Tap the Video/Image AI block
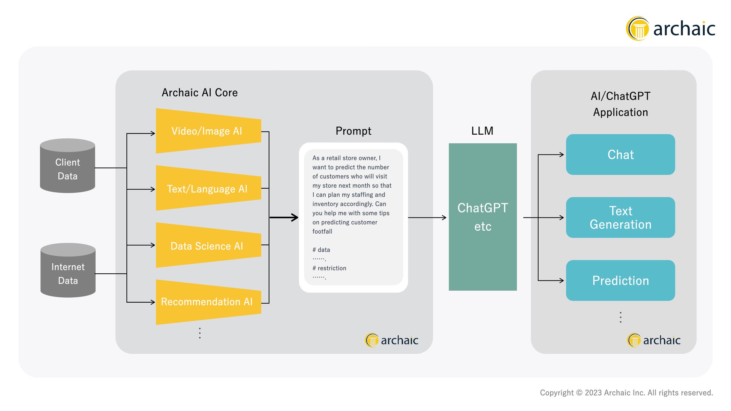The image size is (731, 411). (x=208, y=131)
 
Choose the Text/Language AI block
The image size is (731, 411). (x=208, y=188)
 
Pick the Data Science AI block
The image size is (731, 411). (x=208, y=245)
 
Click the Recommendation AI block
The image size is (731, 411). (x=208, y=302)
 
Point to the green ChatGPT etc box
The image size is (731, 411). (x=482, y=217)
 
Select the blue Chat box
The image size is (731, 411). (x=620, y=154)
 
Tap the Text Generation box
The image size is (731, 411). (x=620, y=217)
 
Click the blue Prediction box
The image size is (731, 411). (x=620, y=280)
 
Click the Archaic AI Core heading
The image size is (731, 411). (x=199, y=93)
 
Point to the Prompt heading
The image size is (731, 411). (x=353, y=131)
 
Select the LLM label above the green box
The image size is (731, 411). (x=482, y=131)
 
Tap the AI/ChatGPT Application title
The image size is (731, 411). (x=620, y=104)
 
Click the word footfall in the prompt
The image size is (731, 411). (x=322, y=231)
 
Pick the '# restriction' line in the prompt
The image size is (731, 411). (x=330, y=268)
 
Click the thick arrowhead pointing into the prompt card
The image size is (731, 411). (x=295, y=217)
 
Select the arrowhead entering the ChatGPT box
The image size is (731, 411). (x=444, y=217)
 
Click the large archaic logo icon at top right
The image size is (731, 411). (x=638, y=28)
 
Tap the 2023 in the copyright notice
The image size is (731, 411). (x=593, y=393)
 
